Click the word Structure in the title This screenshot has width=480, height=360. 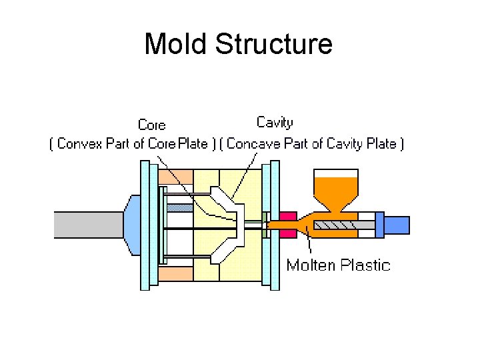pyautogui.click(x=274, y=45)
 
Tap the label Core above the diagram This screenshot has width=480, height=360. pyautogui.click(x=151, y=125)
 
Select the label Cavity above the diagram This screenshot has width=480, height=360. pyautogui.click(x=275, y=123)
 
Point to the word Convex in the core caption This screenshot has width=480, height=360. pyautogui.click(x=79, y=144)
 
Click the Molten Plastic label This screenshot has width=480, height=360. pyautogui.click(x=338, y=265)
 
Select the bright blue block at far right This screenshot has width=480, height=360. pyautogui.click(x=397, y=225)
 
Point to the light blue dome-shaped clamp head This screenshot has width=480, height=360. pyautogui.click(x=131, y=224)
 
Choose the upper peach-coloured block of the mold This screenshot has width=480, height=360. pyautogui.click(x=176, y=177)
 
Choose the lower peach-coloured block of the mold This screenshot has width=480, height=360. pyautogui.click(x=176, y=273)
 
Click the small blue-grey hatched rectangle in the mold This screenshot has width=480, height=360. pyautogui.click(x=179, y=208)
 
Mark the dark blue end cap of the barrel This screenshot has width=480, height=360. pyautogui.click(x=379, y=225)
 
